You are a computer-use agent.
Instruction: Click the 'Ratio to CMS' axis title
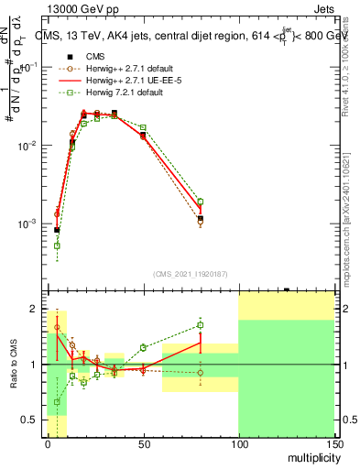click(15, 365)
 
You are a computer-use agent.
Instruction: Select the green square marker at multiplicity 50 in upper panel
click(143, 127)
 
